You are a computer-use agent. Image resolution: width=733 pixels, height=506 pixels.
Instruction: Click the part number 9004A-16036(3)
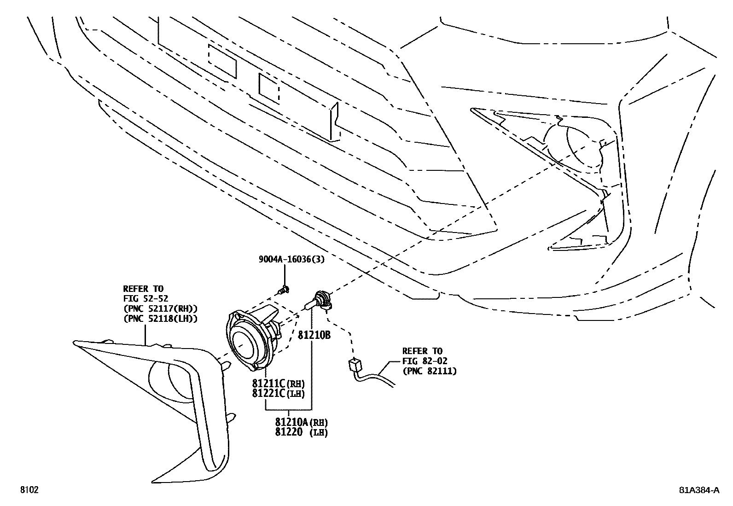[291, 259]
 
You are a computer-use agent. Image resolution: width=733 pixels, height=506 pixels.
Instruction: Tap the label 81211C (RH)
[278, 383]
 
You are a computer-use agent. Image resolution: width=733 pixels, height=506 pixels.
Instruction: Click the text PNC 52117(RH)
[160, 308]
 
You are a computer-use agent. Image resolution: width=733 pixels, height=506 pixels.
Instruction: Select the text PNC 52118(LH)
[160, 318]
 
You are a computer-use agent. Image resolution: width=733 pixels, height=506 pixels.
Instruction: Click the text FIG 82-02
[425, 361]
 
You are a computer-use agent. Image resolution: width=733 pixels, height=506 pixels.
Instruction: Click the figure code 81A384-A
[698, 490]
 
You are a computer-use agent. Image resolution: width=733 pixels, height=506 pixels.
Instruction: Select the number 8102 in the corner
[29, 490]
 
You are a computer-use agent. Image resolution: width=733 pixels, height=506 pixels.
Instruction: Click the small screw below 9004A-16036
[284, 290]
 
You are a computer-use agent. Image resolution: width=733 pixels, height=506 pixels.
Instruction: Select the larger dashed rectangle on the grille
[223, 60]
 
